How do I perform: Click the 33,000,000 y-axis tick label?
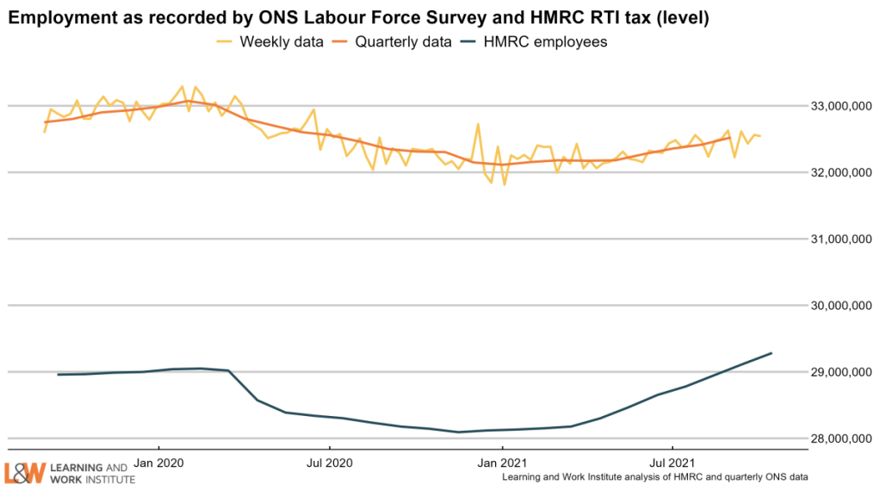pyautogui.click(x=835, y=107)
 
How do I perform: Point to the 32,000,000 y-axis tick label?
pyautogui.click(x=835, y=173)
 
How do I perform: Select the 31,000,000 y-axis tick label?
pyautogui.click(x=835, y=239)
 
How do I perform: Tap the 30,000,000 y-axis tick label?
pyautogui.click(x=835, y=306)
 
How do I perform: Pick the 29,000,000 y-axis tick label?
pyautogui.click(x=835, y=372)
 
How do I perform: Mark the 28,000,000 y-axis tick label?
pyautogui.click(x=835, y=439)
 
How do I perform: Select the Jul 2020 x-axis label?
pyautogui.click(x=330, y=461)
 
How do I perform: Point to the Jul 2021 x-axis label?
pyautogui.click(x=672, y=461)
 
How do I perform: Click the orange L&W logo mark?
pyautogui.click(x=23, y=473)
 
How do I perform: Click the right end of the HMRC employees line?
pyautogui.click(x=772, y=353)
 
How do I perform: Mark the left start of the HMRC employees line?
pyautogui.click(x=58, y=375)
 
